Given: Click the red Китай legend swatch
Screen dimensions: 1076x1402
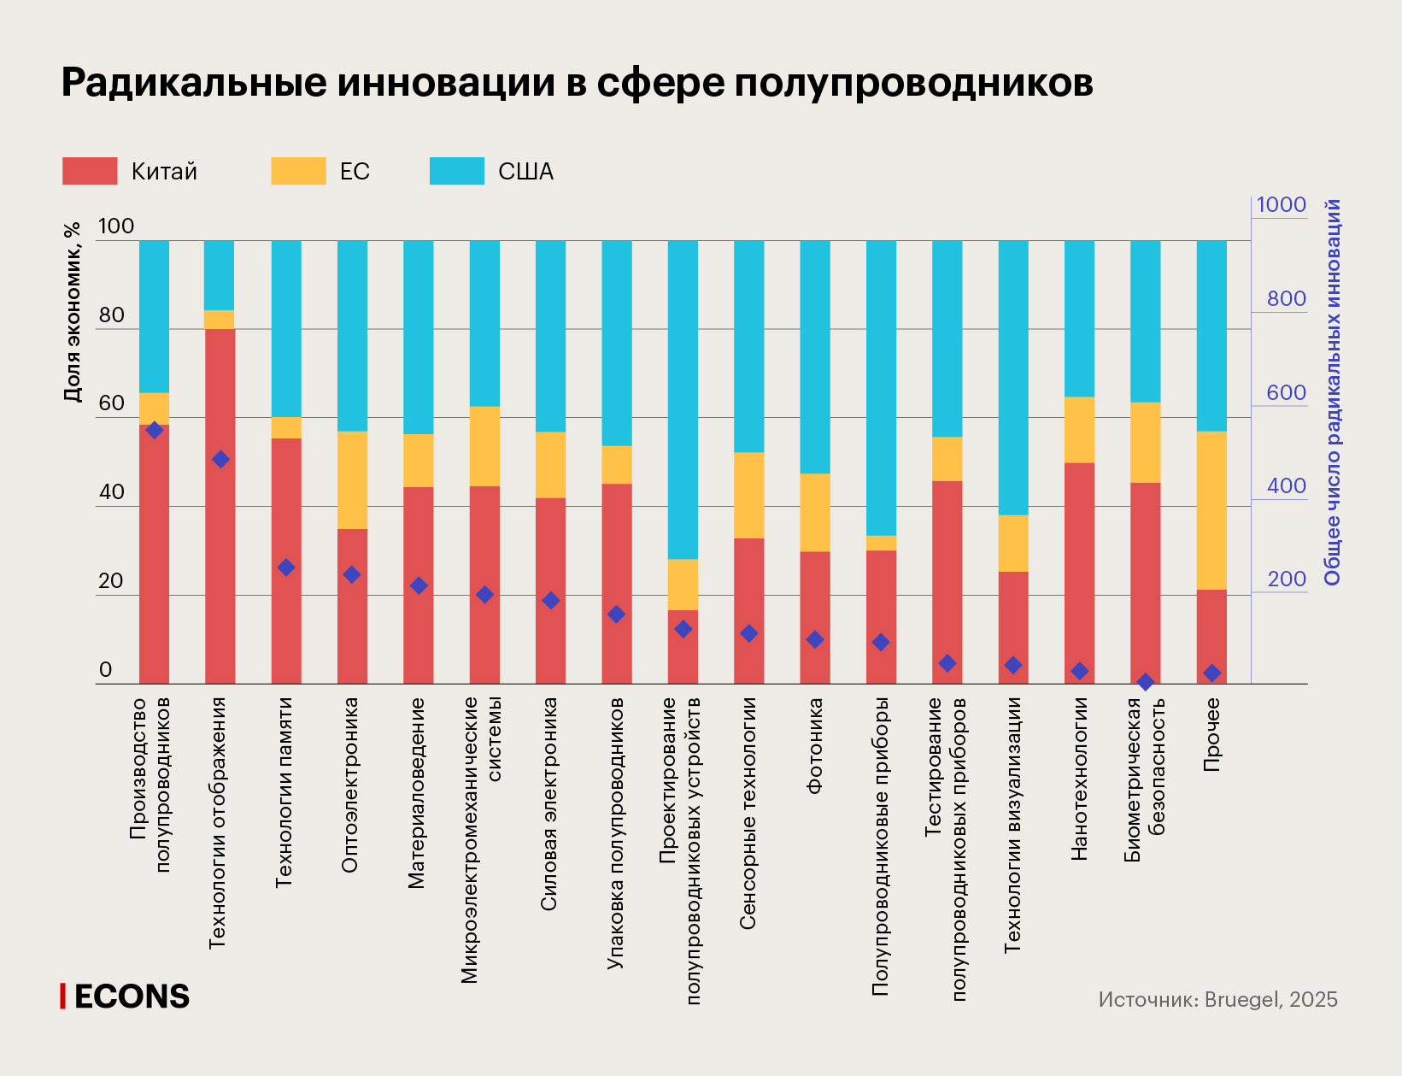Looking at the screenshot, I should coord(90,171).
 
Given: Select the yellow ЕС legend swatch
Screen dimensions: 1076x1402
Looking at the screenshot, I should coord(298,171).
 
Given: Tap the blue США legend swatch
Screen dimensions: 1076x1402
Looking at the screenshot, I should coord(457,171).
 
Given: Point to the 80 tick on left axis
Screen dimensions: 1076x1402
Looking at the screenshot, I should coord(112,315).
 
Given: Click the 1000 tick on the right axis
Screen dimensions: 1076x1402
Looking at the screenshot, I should coord(1281,205).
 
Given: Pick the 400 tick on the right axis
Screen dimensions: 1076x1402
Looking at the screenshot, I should coord(1286,485).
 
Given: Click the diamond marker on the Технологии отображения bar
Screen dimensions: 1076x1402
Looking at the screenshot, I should coord(220,459).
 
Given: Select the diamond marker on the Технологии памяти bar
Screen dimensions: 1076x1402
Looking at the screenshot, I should coord(286,567).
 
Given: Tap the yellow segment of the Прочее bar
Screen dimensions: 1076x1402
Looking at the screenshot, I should coord(1211,510).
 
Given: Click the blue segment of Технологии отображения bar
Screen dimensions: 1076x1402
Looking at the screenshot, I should coord(220,274).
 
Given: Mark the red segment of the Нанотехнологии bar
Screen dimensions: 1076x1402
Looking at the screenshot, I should coord(1079,573).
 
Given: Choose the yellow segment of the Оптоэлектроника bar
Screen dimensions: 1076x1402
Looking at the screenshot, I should coord(352,479).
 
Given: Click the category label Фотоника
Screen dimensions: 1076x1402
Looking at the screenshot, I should coord(814,746).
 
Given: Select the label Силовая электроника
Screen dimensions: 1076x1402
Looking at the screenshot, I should coord(549,803).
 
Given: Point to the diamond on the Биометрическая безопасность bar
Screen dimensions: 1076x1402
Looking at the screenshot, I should coord(1145,682).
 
